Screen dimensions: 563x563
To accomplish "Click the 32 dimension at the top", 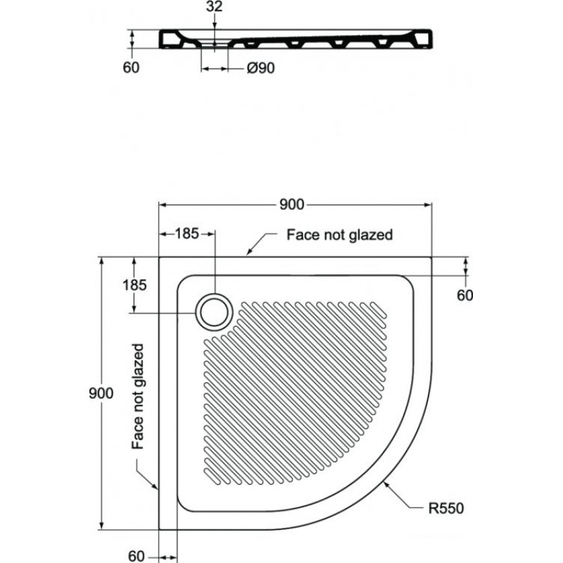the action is [215, 6].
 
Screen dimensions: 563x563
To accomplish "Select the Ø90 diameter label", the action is [261, 68].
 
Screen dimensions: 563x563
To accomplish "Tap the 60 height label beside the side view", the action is [131, 68].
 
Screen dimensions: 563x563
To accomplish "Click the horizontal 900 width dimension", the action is [292, 205].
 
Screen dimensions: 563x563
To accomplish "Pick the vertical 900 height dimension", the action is [101, 393].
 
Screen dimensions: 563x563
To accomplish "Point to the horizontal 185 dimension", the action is [186, 234].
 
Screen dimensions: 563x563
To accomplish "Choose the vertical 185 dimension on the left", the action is [134, 285].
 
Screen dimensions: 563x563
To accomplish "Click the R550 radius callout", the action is [446, 508].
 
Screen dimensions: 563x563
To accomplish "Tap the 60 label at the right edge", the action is [465, 295].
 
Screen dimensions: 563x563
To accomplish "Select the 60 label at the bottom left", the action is [137, 556].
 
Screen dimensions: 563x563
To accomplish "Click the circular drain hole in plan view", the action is [215, 312].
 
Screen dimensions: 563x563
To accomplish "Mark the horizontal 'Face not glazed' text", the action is [340, 235].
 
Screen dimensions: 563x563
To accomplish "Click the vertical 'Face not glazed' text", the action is [138, 396].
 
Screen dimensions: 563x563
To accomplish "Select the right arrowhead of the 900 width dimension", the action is [428, 205].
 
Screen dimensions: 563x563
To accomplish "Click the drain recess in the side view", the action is [215, 44].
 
